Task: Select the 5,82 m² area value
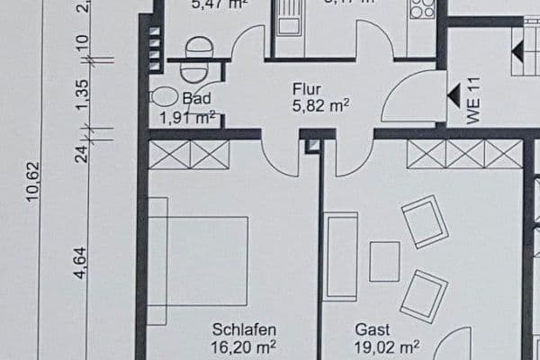(319, 104)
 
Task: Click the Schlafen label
(244, 329)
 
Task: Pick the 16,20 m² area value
(244, 346)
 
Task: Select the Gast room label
(372, 329)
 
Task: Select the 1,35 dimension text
(80, 93)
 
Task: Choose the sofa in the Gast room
(341, 256)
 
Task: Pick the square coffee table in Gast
(384, 261)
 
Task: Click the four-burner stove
(421, 9)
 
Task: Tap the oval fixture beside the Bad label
(164, 95)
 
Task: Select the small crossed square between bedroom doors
(312, 145)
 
